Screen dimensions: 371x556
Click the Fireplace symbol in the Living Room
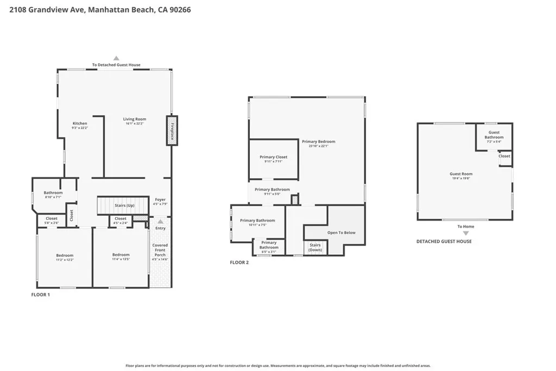pyautogui.click(x=172, y=130)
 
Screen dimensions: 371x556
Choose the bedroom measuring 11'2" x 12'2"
pyautogui.click(x=65, y=257)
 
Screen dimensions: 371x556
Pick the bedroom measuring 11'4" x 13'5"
pyautogui.click(x=121, y=257)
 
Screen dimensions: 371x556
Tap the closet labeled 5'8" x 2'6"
pyautogui.click(x=52, y=221)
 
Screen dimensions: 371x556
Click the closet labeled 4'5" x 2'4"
pyautogui.click(x=121, y=221)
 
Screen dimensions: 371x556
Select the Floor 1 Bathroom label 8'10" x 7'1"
pyautogui.click(x=53, y=194)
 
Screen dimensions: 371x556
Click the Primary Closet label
pyautogui.click(x=273, y=159)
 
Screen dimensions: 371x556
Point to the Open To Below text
pyautogui.click(x=342, y=232)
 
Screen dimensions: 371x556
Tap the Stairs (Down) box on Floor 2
pyautogui.click(x=315, y=247)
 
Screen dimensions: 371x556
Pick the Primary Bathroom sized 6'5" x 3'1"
pyautogui.click(x=269, y=247)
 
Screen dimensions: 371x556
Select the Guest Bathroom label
pyautogui.click(x=494, y=135)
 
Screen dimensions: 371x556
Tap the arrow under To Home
pyautogui.click(x=465, y=233)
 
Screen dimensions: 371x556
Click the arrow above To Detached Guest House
pyautogui.click(x=116, y=58)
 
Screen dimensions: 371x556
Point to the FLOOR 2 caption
pyautogui.click(x=239, y=262)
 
